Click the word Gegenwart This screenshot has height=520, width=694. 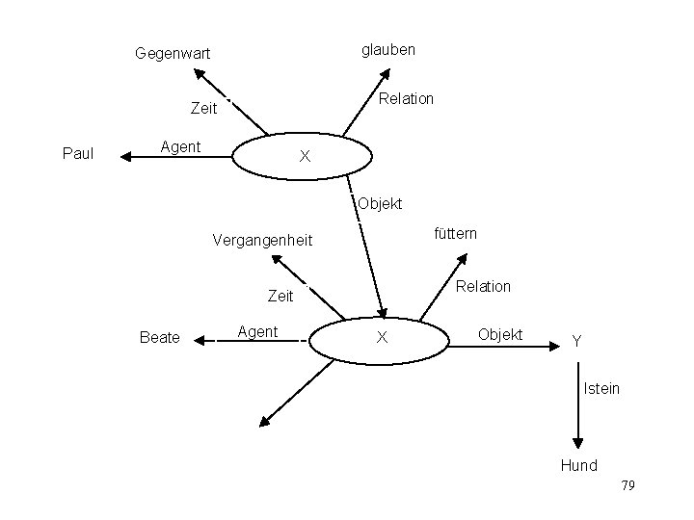(x=173, y=54)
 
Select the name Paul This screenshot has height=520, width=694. (x=77, y=152)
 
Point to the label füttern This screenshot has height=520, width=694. (x=456, y=233)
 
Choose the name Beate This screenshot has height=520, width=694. (x=160, y=337)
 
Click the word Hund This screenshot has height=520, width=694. (x=579, y=466)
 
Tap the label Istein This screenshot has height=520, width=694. (x=601, y=389)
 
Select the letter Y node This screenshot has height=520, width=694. (x=576, y=340)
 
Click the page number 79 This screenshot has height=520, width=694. (x=627, y=485)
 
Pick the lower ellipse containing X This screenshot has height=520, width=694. (x=383, y=337)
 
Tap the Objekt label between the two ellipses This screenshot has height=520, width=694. (x=379, y=204)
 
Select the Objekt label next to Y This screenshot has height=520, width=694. (x=500, y=334)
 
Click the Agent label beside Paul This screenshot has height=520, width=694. (x=179, y=147)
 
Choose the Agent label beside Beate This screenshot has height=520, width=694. (x=257, y=332)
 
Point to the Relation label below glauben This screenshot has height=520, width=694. (x=407, y=98)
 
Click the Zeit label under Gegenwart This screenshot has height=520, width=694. (x=203, y=110)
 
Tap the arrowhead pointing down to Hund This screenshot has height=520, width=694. (x=577, y=442)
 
